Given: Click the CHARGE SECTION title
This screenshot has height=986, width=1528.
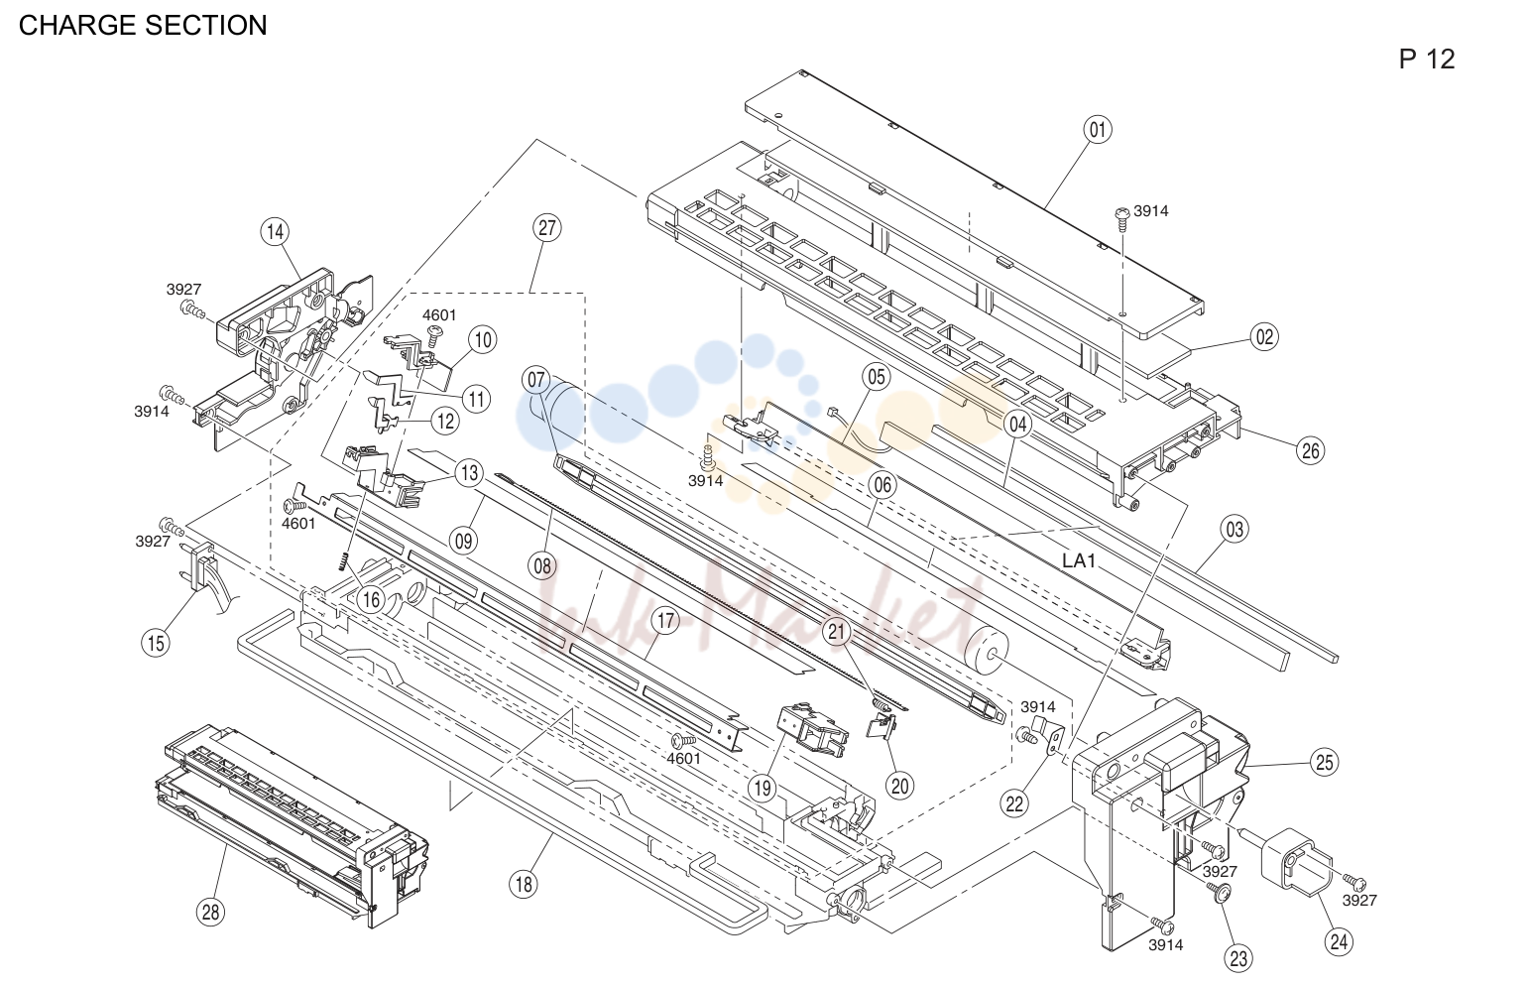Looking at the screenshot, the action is tap(143, 26).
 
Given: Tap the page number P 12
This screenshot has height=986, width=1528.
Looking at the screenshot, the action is tap(1427, 60).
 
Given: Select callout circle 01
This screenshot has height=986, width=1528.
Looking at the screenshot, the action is tap(1098, 130).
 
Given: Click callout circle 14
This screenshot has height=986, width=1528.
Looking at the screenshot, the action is tap(275, 232).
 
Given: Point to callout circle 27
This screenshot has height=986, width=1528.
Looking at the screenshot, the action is tap(547, 228).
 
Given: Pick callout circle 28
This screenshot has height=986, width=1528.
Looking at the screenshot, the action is tap(211, 912).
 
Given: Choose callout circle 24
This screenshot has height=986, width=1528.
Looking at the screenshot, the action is tap(1339, 942).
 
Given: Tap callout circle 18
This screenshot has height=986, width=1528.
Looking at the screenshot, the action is tap(524, 885).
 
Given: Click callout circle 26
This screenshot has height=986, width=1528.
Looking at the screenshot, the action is tap(1311, 451).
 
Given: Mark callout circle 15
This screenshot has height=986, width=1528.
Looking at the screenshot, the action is tap(156, 643).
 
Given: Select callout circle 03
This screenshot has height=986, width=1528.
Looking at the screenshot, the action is tap(1234, 530).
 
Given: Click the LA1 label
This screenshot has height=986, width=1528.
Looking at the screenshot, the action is tap(1079, 560).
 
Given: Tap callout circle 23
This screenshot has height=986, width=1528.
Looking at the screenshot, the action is tap(1238, 958).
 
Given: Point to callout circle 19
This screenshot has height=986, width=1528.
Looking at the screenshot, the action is tap(762, 789).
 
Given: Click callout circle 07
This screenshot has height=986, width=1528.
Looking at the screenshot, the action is tap(536, 379).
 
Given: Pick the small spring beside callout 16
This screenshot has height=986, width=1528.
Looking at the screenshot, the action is tap(344, 562).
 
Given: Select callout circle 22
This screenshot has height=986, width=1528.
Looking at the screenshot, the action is tap(1015, 804).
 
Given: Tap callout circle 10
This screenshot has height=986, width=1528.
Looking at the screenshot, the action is tap(483, 340).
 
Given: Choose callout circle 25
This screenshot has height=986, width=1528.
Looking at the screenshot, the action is tap(1324, 762).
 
